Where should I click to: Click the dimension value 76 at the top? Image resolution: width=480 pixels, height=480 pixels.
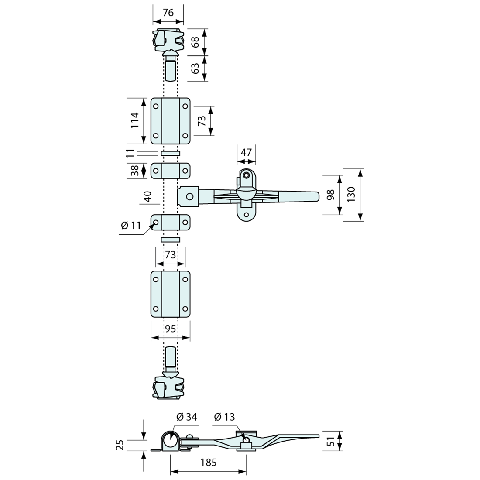click(168, 13)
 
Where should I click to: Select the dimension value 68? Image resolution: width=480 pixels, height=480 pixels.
click(196, 42)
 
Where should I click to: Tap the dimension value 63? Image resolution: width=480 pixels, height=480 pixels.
click(196, 68)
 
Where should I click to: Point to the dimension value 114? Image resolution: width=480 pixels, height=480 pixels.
click(134, 120)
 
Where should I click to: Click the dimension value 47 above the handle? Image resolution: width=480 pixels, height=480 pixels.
click(247, 152)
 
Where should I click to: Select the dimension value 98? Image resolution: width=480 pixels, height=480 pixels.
click(330, 195)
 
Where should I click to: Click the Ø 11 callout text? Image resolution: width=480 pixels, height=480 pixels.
click(131, 226)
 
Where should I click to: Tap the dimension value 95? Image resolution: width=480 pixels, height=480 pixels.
click(171, 329)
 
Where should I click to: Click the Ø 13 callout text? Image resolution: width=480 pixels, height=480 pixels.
click(224, 417)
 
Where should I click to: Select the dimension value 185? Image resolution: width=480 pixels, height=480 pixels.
click(208, 463)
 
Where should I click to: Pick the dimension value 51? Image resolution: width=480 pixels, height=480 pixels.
click(331, 441)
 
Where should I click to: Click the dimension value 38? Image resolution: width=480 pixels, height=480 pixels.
click(134, 170)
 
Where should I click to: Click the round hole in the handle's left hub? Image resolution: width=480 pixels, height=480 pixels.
click(189, 197)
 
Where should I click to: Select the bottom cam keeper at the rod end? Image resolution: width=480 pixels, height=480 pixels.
click(168, 387)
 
